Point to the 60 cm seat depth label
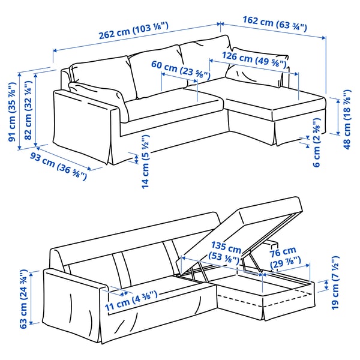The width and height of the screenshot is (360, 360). coord(180,70)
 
